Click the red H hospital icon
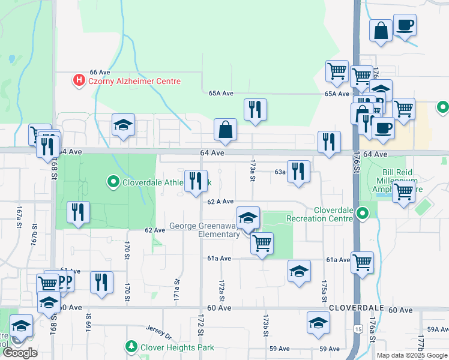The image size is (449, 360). click(x=78, y=80)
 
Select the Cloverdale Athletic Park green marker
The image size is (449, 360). click(x=112, y=182)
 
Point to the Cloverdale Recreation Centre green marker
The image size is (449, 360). click(x=361, y=214)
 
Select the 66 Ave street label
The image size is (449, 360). click(x=101, y=71)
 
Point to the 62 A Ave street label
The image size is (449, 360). click(x=220, y=202)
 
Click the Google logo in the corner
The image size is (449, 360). click(x=20, y=353)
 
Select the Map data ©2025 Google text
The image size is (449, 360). click(x=411, y=355)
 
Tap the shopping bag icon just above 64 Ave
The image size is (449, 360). click(x=225, y=130)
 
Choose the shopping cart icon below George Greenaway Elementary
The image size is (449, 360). click(x=262, y=244)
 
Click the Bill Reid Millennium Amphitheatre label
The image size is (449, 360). click(x=399, y=181)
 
